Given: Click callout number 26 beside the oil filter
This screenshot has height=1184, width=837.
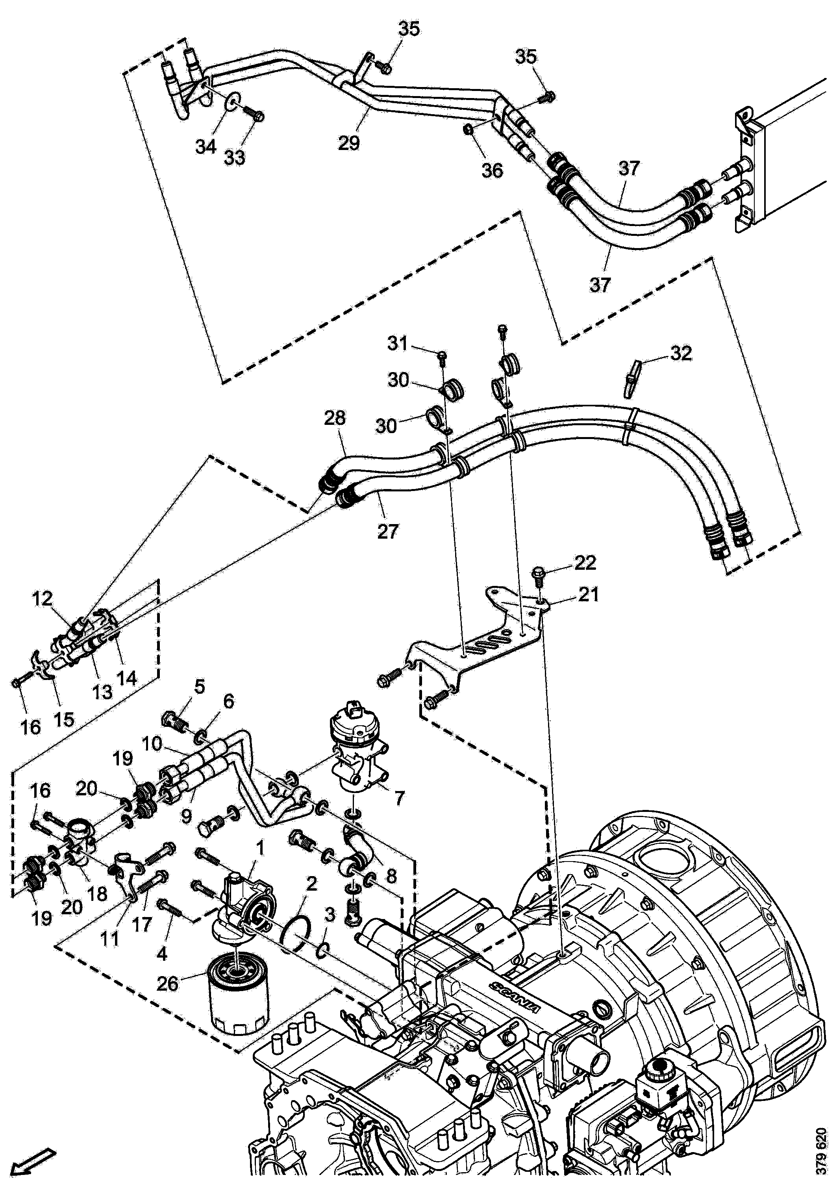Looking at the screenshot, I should [x=168, y=984].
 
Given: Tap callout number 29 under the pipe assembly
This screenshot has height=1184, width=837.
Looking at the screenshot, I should [x=349, y=142].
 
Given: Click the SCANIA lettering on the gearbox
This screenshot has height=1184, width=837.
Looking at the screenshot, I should [x=515, y=999].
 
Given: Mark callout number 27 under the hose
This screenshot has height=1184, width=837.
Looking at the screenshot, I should [x=388, y=531].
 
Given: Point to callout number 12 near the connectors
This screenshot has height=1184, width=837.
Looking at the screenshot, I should [x=42, y=599].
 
